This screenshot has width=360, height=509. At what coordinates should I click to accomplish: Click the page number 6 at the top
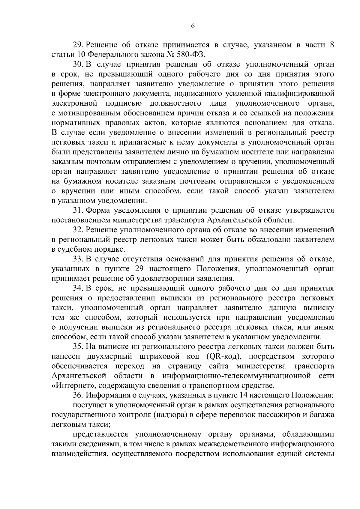193,26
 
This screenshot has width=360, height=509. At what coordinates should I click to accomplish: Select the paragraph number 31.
78,211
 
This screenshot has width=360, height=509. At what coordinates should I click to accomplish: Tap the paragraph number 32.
78,230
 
